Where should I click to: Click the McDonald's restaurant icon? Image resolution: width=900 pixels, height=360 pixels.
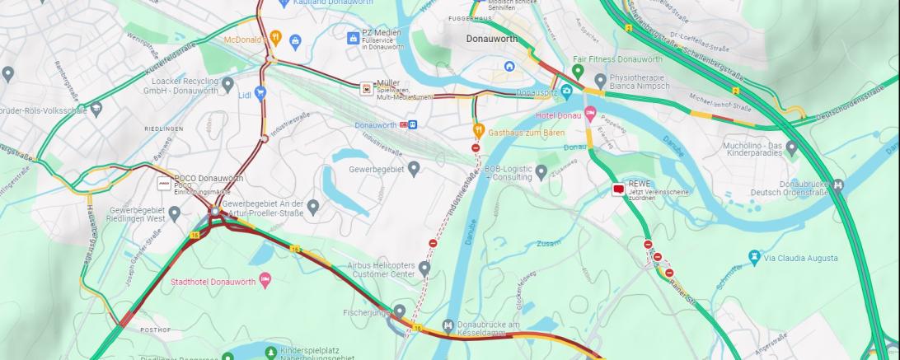(276, 38)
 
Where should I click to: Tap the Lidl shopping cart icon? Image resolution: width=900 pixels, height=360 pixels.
(260, 93)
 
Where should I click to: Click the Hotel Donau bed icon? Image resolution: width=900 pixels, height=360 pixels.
(589, 114)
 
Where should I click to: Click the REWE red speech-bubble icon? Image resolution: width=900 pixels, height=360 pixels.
(618, 189)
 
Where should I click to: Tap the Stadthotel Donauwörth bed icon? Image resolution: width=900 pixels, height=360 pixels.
(265, 280)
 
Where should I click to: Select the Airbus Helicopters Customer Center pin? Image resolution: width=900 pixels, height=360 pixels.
(424, 268)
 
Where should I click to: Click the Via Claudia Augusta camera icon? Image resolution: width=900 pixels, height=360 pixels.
(753, 257)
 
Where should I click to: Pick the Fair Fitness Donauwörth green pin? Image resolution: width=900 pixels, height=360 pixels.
(578, 72)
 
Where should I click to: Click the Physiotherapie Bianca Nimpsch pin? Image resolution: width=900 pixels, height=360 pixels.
(600, 81)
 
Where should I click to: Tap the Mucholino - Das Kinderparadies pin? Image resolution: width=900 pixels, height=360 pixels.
(792, 148)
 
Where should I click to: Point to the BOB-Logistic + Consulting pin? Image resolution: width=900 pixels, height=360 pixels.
(541, 172)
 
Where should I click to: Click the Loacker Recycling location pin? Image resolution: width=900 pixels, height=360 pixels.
(228, 83)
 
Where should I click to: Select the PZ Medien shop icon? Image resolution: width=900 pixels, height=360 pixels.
(353, 38)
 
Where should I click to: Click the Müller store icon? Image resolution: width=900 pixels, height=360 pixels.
(366, 88)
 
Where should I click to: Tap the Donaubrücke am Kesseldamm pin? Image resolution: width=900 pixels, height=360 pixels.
(448, 326)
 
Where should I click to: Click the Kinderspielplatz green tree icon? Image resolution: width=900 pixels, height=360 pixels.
(271, 353)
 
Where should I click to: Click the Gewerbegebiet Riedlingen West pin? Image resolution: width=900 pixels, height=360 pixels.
(175, 213)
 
